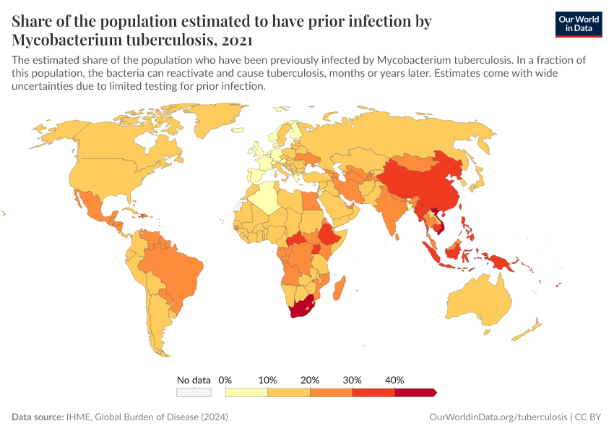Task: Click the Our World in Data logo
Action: click(x=578, y=24)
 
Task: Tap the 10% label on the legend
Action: click(x=268, y=380)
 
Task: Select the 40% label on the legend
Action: click(x=394, y=380)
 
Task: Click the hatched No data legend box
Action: click(x=194, y=392)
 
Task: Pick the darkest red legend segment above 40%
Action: click(x=415, y=392)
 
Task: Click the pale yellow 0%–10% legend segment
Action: click(x=246, y=392)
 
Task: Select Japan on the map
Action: click(x=477, y=178)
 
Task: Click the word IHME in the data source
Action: click(x=79, y=417)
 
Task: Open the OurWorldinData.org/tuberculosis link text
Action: click(x=498, y=417)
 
